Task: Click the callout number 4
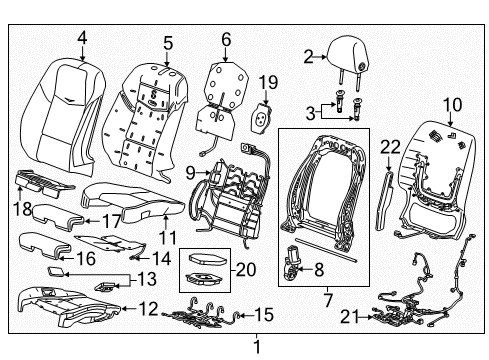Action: [x=82, y=38]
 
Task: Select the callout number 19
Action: [x=268, y=82]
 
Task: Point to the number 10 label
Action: [x=452, y=105]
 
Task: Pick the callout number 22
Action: [x=390, y=147]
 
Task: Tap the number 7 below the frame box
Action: [x=328, y=300]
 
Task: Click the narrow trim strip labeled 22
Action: [x=385, y=201]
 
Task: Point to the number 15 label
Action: [x=264, y=315]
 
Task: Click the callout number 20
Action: [x=246, y=270]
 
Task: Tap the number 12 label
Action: [x=148, y=309]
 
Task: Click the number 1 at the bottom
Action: [x=257, y=347]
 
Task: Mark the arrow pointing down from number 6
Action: [x=226, y=55]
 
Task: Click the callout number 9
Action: [x=190, y=173]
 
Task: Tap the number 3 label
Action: [x=310, y=113]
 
